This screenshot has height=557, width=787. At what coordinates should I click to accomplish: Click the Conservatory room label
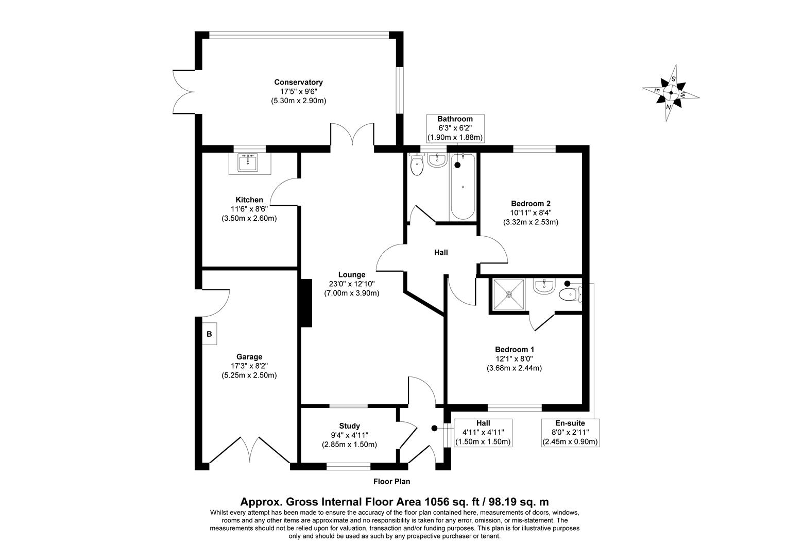tap(298, 82)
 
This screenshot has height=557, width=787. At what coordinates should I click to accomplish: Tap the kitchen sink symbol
tap(248, 163)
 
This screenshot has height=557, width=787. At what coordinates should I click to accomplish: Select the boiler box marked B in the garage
tap(209, 334)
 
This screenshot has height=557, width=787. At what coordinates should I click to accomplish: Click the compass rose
tap(671, 93)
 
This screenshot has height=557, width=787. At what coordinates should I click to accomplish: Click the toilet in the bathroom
tap(416, 165)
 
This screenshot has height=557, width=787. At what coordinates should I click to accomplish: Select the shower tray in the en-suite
tap(509, 295)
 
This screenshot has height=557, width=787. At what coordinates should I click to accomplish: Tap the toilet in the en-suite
tap(570, 294)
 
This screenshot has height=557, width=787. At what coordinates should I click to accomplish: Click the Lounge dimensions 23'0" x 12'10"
tap(351, 284)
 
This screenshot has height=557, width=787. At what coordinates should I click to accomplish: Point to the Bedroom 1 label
tap(514, 349)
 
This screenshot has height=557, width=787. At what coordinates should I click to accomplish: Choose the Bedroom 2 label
tap(531, 203)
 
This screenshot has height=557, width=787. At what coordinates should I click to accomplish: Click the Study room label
tap(349, 426)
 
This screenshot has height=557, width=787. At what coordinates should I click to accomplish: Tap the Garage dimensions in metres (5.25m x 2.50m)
tap(249, 375)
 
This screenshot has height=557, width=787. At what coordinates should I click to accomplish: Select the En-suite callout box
tap(570, 432)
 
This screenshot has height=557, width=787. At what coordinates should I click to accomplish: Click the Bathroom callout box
tap(455, 128)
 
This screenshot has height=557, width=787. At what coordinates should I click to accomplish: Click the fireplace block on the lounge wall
tap(306, 303)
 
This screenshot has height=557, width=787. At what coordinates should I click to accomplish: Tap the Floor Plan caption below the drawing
tap(391, 482)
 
